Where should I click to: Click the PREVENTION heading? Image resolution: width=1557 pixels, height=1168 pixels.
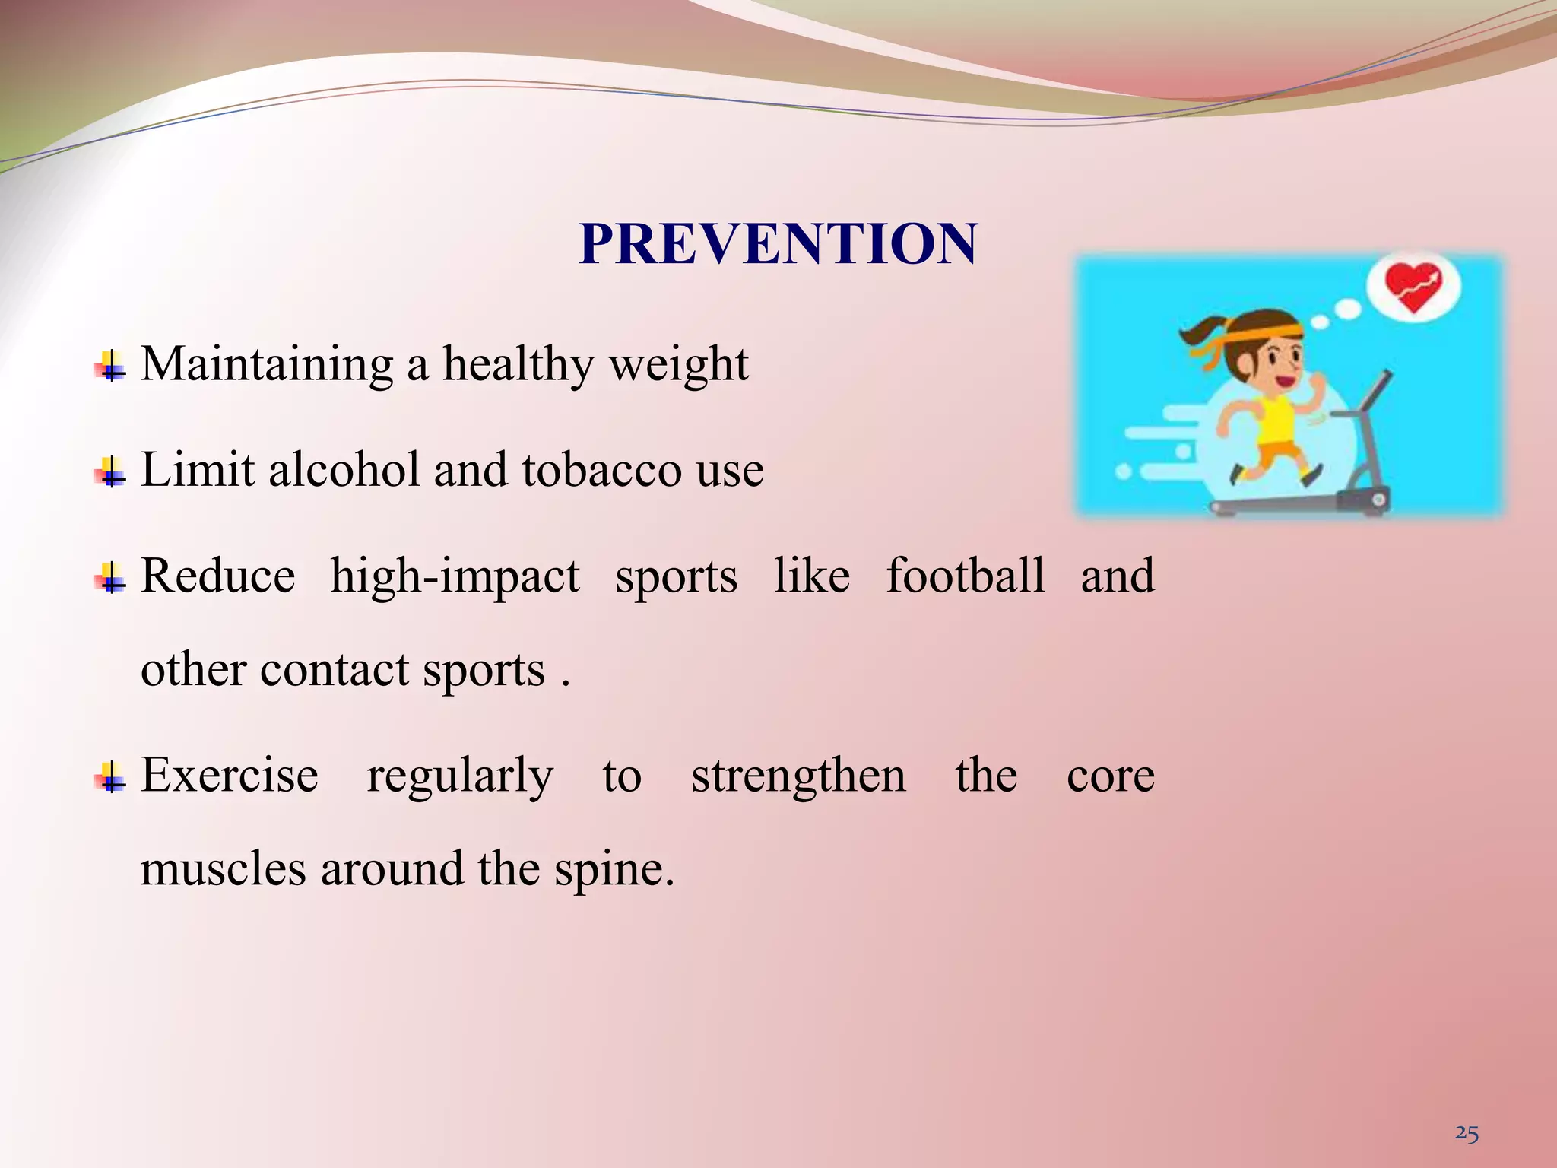[777, 244]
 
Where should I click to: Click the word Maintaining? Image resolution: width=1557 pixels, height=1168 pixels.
[267, 365]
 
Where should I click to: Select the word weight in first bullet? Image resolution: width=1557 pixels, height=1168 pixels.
[679, 365]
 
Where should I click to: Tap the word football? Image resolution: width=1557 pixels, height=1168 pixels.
[966, 576]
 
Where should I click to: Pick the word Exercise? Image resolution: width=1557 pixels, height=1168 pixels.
[229, 776]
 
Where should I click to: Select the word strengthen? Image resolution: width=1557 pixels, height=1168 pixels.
[798, 776]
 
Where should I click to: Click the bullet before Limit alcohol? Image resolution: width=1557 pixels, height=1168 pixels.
[111, 473]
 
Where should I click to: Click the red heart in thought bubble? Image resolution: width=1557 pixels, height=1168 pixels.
[1413, 287]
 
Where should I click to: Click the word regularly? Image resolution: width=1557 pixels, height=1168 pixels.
[460, 777]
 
